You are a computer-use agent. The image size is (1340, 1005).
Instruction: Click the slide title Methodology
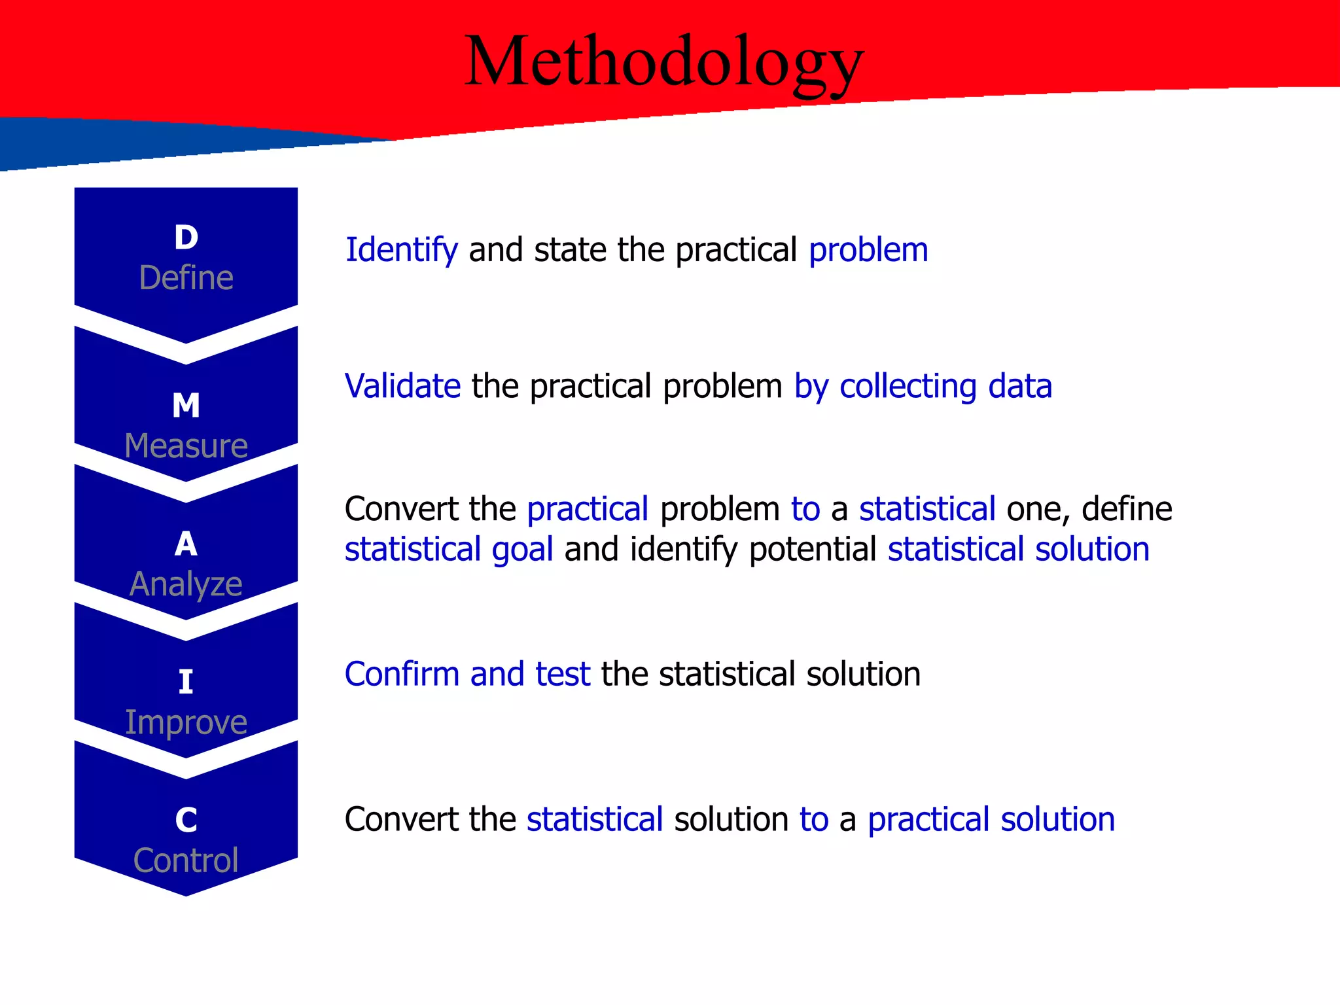(x=664, y=62)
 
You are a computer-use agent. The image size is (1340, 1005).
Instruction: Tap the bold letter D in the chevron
(x=186, y=237)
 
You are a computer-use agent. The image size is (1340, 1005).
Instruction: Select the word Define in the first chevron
(x=186, y=277)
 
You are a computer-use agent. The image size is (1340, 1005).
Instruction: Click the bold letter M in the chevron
(x=186, y=405)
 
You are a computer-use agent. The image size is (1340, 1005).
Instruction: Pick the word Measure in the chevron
(x=186, y=446)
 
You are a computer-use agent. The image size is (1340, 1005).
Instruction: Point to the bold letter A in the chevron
(x=186, y=544)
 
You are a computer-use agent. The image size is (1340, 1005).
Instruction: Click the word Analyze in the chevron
(x=186, y=584)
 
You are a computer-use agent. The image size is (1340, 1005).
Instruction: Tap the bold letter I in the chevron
(x=186, y=682)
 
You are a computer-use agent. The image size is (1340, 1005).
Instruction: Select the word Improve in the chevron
(x=186, y=722)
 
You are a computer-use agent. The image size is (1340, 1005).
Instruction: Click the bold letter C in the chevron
(x=186, y=820)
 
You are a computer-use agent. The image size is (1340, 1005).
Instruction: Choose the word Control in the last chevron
(x=186, y=860)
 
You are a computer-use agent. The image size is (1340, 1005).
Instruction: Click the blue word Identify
(x=401, y=250)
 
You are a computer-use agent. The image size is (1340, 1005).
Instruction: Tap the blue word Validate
(x=402, y=386)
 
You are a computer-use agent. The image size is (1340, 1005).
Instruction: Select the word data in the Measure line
(x=1019, y=386)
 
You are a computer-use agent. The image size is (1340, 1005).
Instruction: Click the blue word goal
(x=522, y=549)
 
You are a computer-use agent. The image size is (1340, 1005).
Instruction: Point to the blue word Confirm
(x=402, y=674)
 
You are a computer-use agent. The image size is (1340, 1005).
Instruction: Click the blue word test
(x=563, y=674)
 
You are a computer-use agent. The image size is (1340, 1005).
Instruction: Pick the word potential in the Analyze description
(x=812, y=549)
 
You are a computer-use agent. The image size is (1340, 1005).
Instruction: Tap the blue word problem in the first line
(x=868, y=250)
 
